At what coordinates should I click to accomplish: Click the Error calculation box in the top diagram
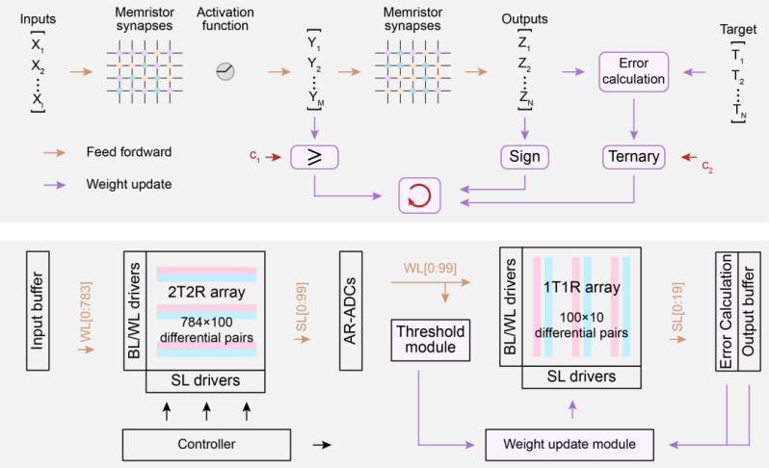[x=633, y=71]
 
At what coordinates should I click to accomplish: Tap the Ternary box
[x=633, y=155]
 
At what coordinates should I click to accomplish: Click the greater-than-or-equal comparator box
[x=317, y=155]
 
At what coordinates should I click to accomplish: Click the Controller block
[x=205, y=445]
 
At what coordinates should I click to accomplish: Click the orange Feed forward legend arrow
[x=56, y=151]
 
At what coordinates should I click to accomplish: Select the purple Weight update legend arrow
[x=56, y=183]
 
